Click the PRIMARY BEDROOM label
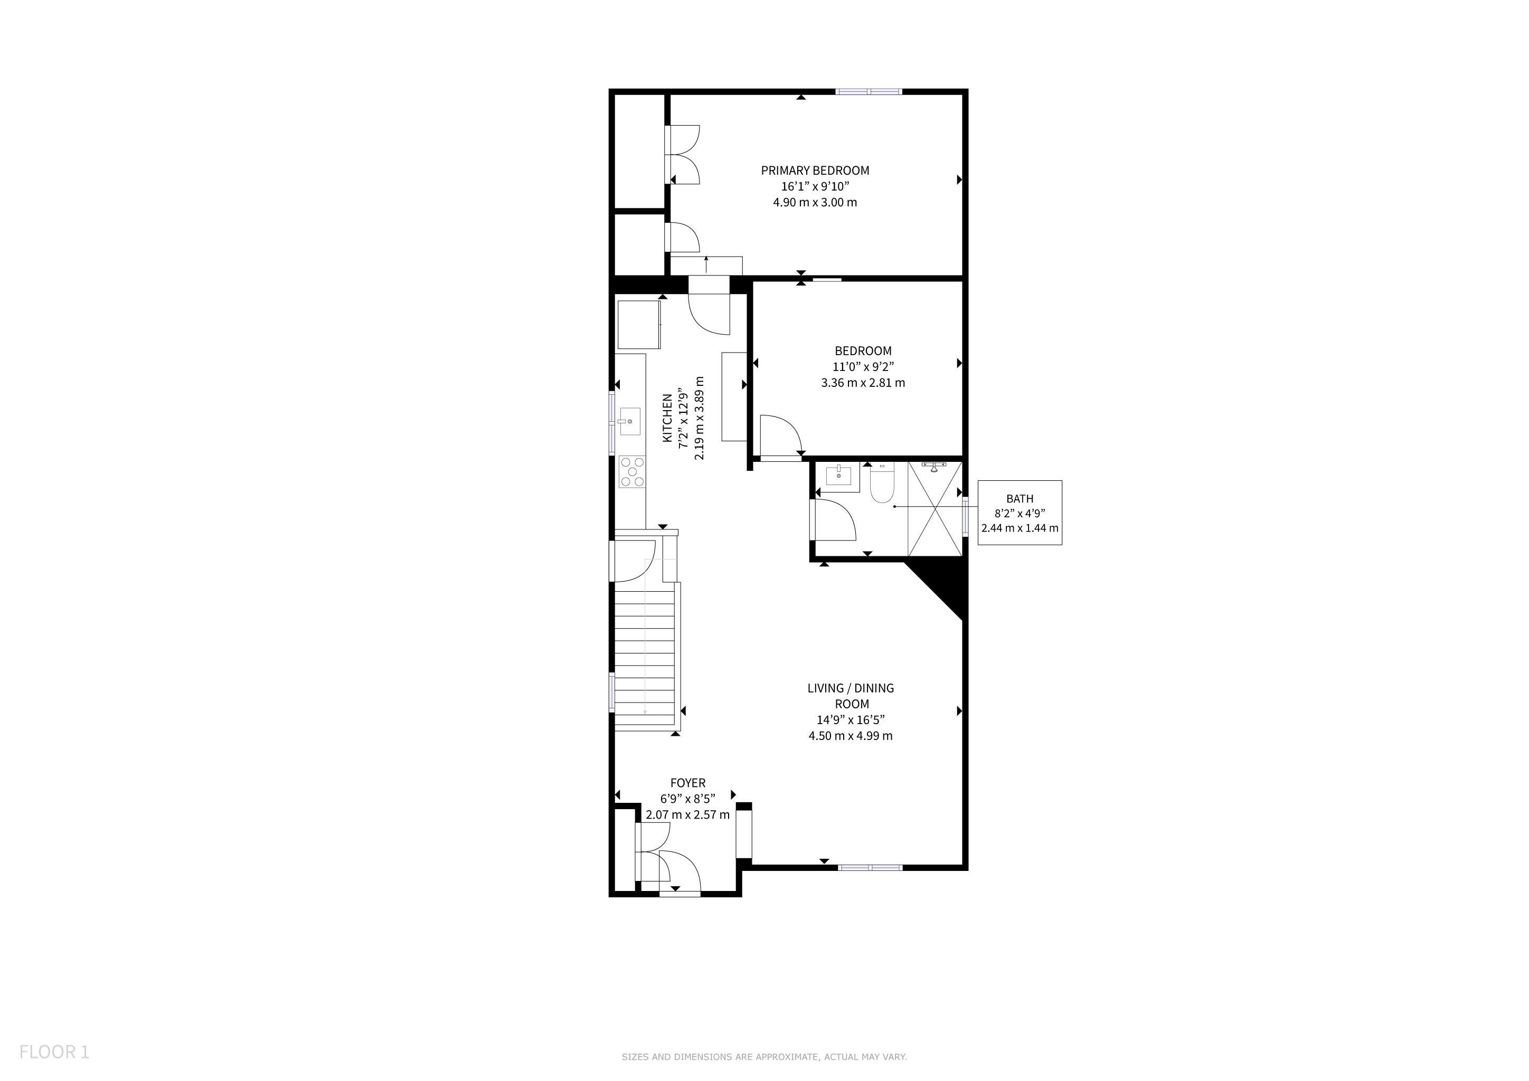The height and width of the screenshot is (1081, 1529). (x=815, y=170)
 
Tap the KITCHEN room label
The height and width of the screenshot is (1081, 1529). (x=667, y=418)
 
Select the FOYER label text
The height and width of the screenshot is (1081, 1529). (x=688, y=783)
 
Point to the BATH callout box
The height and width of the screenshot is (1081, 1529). (x=1020, y=513)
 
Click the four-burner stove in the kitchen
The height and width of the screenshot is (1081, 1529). (x=166, y=471)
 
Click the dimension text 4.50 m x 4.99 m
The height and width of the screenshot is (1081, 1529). (x=851, y=735)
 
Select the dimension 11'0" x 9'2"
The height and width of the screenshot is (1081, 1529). (x=863, y=367)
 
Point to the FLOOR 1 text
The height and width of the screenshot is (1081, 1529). (x=54, y=1052)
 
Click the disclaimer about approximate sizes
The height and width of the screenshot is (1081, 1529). (x=764, y=1056)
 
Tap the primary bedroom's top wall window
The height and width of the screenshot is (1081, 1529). (x=869, y=92)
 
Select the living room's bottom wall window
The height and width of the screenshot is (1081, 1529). (x=870, y=867)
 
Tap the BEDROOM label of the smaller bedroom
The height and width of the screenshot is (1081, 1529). (x=863, y=351)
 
